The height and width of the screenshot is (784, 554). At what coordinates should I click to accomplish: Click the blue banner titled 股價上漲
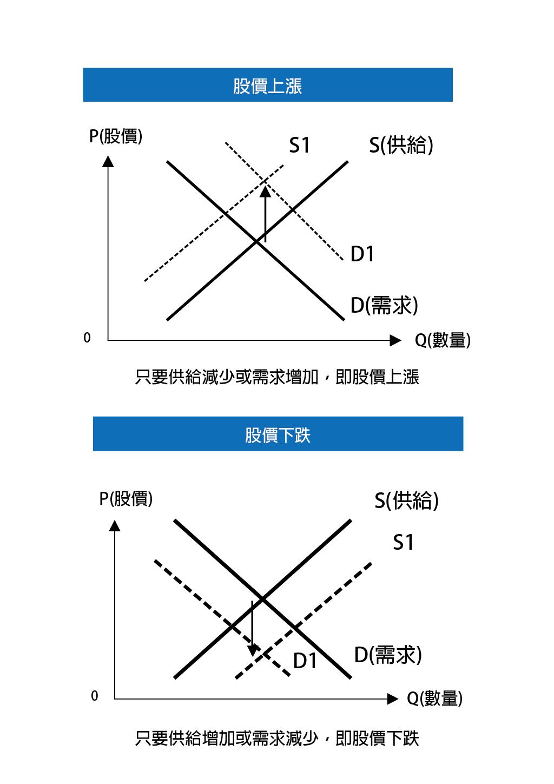coord(268,85)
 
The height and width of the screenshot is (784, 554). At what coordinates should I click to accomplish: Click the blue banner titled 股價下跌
coord(278,433)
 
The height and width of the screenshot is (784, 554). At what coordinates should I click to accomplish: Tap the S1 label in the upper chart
coord(299,145)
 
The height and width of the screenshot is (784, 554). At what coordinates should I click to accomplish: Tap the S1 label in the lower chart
coord(403,543)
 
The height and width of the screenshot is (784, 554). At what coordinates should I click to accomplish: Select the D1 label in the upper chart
coord(362,254)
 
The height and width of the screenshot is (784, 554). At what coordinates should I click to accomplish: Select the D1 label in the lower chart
coord(305,661)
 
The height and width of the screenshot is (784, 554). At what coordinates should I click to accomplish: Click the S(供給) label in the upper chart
coord(401,145)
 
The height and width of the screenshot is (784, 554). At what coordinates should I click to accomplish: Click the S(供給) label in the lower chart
coord(406,500)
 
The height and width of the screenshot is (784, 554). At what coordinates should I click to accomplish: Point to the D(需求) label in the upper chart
coord(384,305)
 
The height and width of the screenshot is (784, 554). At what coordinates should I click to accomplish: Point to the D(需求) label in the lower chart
coord(388,655)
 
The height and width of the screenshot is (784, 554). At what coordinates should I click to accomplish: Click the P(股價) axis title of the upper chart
coord(116,136)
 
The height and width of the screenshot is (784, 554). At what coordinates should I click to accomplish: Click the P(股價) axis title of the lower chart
coord(126,499)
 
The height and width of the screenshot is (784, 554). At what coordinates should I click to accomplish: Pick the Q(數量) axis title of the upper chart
coord(443,340)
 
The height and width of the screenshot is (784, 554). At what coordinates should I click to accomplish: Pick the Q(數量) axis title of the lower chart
coord(434,699)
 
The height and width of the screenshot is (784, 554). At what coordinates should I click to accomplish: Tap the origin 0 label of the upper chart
coord(87,338)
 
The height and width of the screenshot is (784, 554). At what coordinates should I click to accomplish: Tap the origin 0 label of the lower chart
coord(95,696)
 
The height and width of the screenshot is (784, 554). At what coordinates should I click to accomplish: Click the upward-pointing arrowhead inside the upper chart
coord(265,192)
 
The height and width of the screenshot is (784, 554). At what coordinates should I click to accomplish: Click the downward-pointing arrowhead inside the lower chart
coord(253,650)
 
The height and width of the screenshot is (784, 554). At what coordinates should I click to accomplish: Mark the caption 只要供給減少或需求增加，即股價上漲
coord(277,377)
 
